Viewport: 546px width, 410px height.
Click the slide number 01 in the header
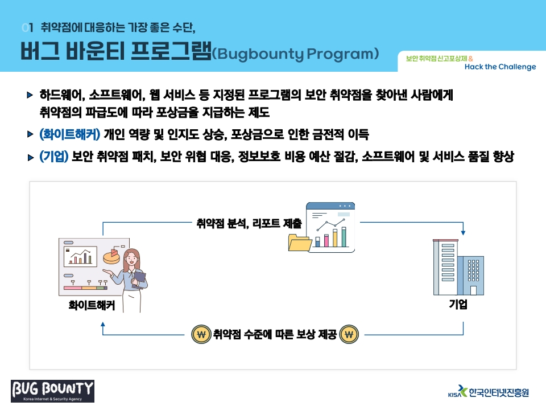coord(27,27)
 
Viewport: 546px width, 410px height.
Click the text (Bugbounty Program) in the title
coord(295,54)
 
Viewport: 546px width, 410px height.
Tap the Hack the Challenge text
coord(500,67)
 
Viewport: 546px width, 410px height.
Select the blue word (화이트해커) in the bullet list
coord(69,134)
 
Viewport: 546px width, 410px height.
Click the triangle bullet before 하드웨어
coord(30,95)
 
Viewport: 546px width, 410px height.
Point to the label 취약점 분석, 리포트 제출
coord(249,223)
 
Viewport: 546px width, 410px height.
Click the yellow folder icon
coord(300,243)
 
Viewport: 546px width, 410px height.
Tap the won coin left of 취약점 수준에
coord(201,335)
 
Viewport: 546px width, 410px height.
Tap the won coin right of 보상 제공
coord(349,335)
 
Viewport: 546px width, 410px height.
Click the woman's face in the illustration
coord(131,259)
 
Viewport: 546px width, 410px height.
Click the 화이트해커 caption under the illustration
coord(92,305)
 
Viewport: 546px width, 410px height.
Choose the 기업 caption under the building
coord(458,304)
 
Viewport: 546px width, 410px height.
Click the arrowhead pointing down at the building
coord(463,232)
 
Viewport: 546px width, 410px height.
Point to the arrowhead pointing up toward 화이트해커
coord(103,324)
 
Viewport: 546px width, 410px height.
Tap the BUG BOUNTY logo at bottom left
coord(52,391)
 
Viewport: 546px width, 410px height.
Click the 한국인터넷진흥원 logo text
coord(499,392)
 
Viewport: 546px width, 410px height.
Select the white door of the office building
coord(473,290)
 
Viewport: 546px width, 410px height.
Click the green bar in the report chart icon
coord(344,237)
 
